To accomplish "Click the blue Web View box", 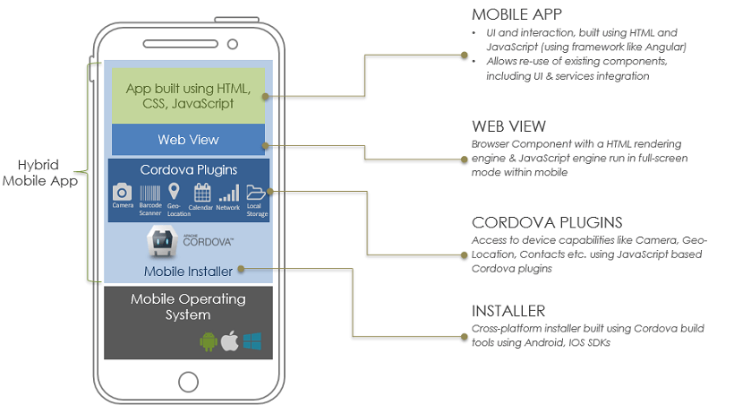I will tap(188, 139).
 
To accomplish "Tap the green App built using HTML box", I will tap(188, 96).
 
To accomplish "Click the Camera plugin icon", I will tap(123, 192).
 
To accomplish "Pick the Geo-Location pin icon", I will tap(174, 191).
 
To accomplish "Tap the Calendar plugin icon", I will tap(201, 192).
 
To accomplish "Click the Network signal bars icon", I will tap(228, 193).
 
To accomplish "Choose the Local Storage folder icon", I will tap(255, 192).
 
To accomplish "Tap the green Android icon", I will tap(208, 341).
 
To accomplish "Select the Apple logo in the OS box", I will tap(230, 341).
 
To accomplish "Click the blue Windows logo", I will tap(252, 341).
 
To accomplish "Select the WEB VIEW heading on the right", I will tap(508, 125).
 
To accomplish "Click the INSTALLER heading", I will tap(508, 311).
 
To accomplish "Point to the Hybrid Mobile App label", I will tap(40, 173).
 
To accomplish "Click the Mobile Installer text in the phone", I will tap(188, 271).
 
